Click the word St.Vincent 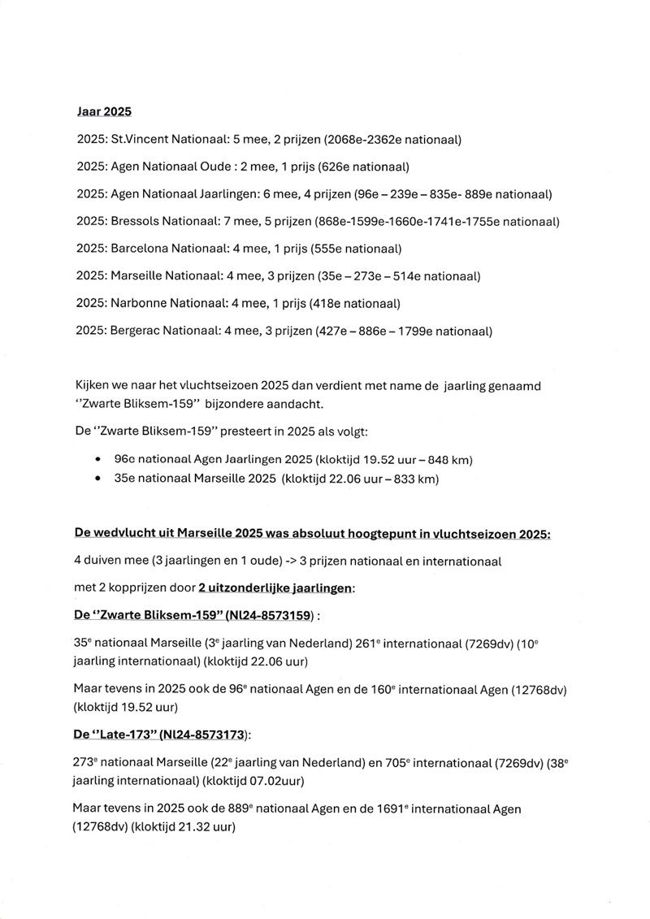click(140, 140)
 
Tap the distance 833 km click(418, 479)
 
